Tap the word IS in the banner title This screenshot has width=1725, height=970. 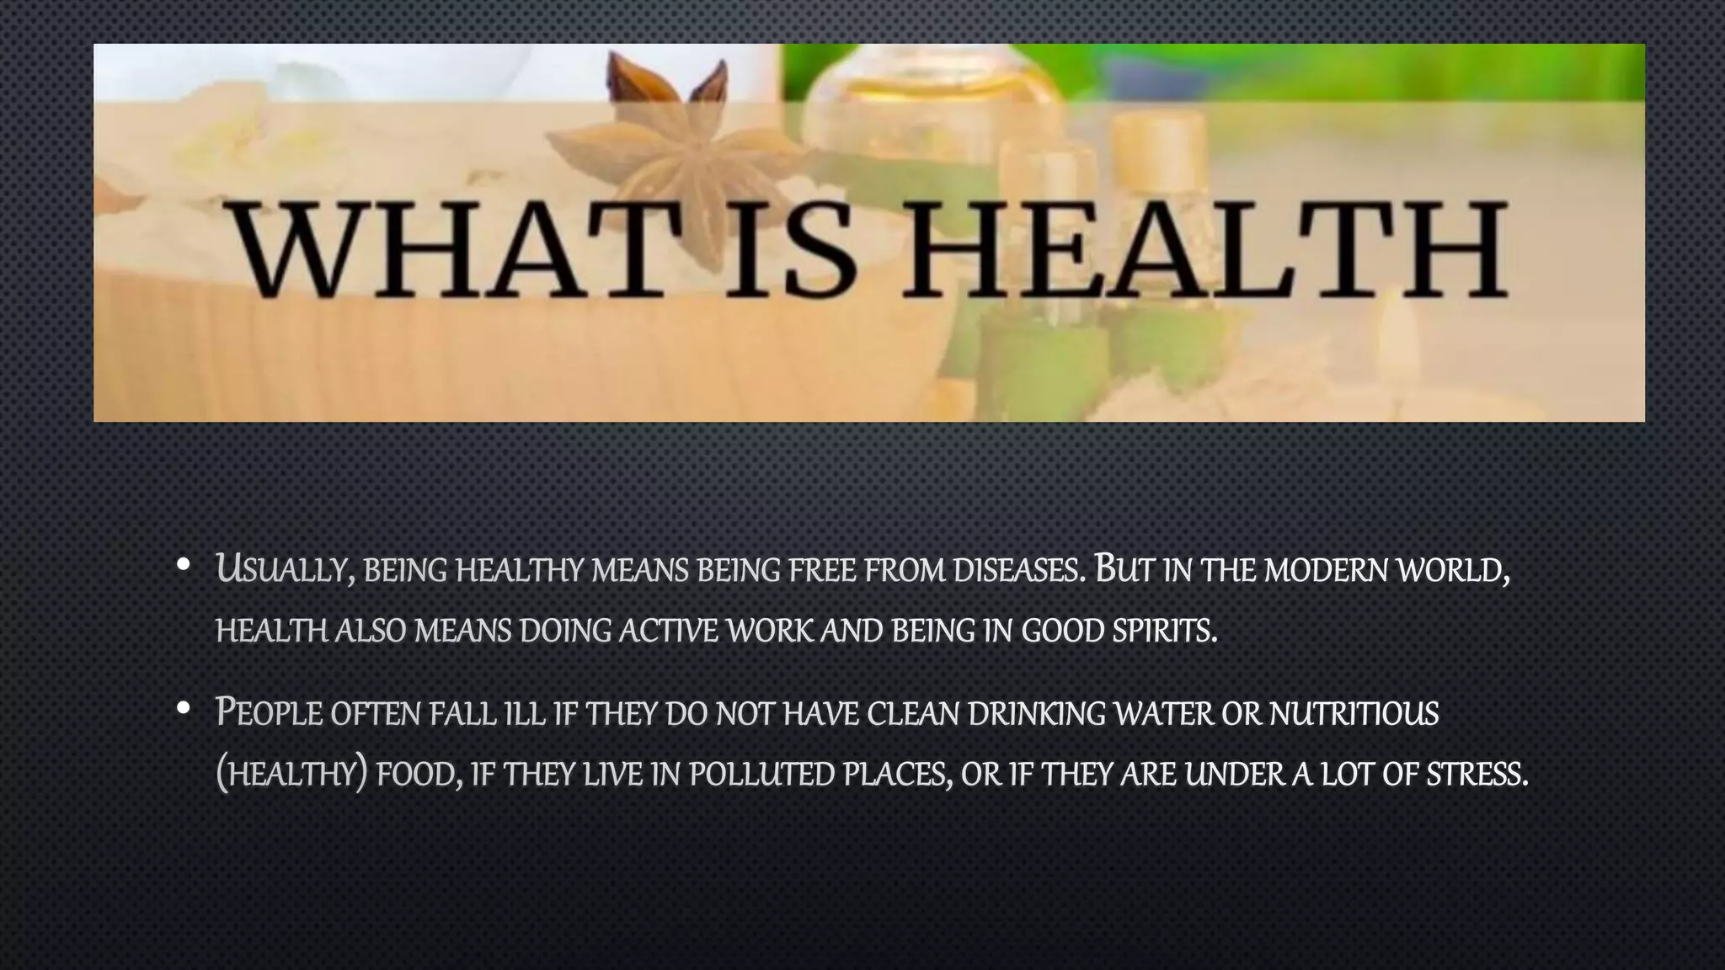point(789,250)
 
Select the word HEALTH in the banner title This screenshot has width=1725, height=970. point(1204,250)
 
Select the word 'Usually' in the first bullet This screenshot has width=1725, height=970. point(284,570)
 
